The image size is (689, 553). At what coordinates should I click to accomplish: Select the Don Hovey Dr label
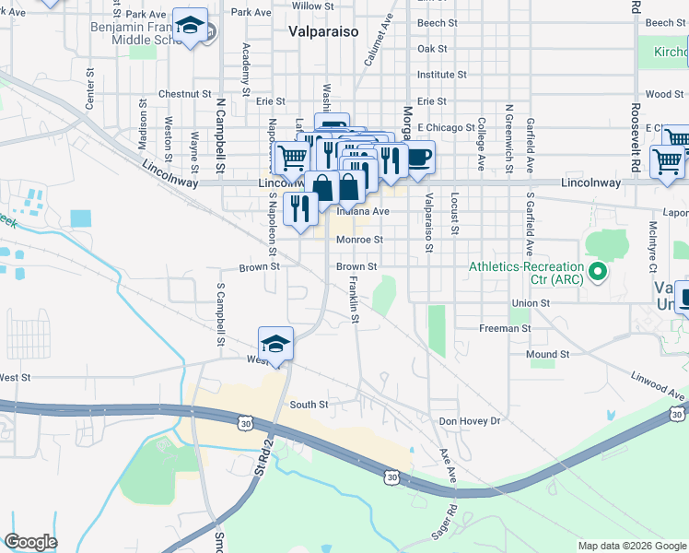point(469,420)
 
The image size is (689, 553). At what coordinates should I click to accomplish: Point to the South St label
point(309,405)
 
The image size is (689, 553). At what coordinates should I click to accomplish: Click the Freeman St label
point(505,328)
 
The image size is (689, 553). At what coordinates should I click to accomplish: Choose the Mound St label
point(548,354)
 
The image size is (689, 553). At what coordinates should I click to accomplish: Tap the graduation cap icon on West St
point(275,345)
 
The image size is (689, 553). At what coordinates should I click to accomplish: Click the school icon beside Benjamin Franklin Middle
point(191,29)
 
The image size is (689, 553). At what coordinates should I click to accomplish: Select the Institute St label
point(441,75)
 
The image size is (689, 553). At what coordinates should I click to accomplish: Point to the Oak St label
point(432,49)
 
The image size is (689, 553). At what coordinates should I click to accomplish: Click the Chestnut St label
point(184,94)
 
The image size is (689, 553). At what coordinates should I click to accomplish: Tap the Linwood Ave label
point(659,386)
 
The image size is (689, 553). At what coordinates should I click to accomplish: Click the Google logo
point(30,542)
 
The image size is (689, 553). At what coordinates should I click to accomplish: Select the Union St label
point(531,302)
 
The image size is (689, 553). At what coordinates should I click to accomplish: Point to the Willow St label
point(306,6)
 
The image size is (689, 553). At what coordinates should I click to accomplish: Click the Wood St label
point(664,94)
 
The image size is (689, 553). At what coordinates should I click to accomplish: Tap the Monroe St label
point(358,240)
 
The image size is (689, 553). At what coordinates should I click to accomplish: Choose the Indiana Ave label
point(363,211)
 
